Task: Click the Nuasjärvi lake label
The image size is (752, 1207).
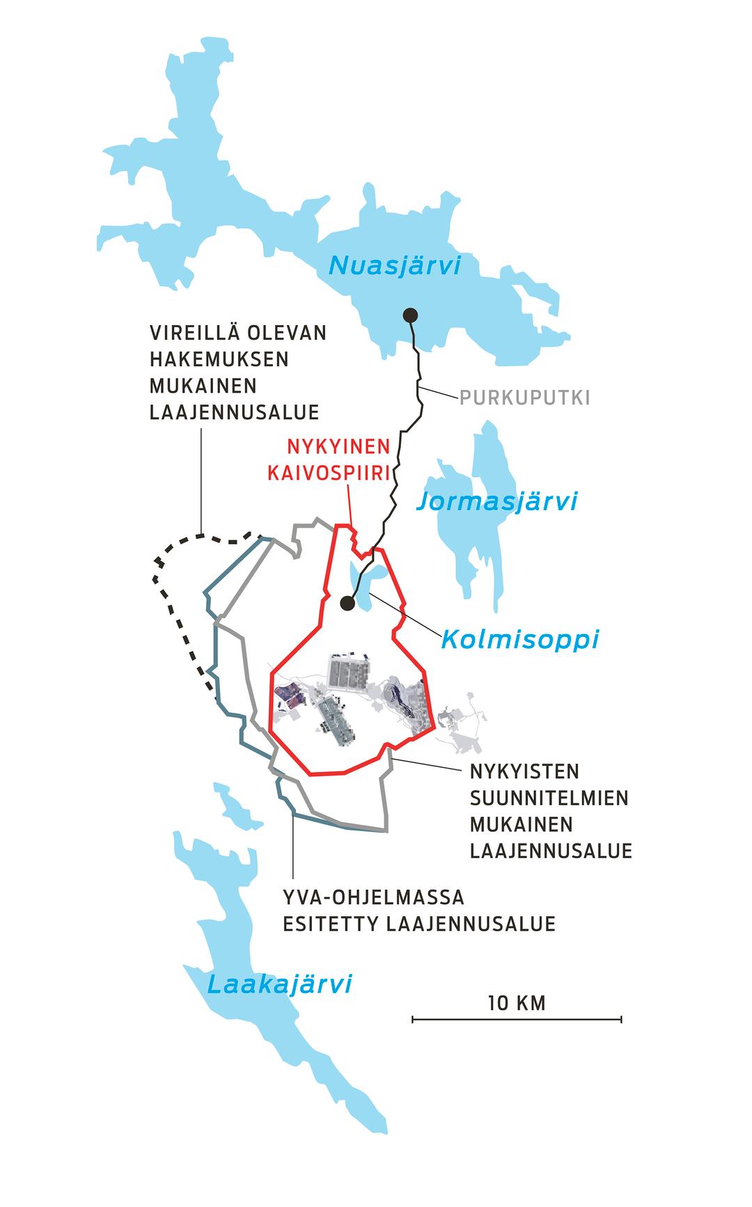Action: point(395,265)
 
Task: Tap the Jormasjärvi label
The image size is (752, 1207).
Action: point(496,501)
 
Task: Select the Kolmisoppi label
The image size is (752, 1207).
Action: point(519,638)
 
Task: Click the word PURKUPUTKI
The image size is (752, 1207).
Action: point(524,397)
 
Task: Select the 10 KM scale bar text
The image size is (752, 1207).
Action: point(517,1003)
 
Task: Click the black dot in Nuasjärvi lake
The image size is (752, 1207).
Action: point(410,315)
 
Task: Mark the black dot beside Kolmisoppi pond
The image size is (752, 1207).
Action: point(347,603)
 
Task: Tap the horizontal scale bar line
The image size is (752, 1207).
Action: point(517,1020)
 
